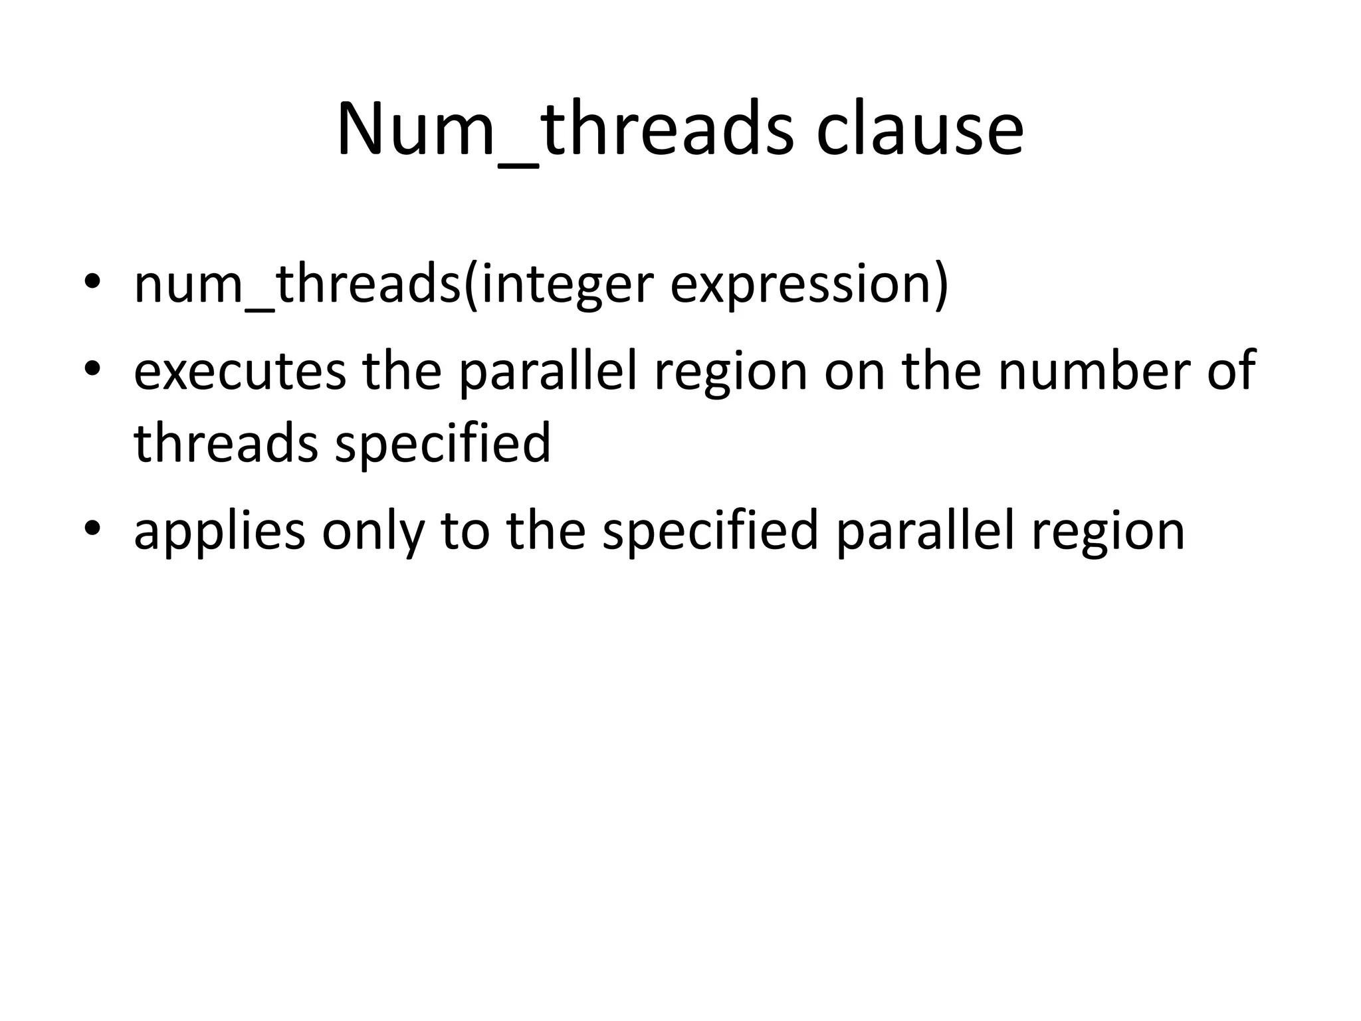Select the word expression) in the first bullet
click(x=809, y=284)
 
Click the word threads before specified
click(x=226, y=443)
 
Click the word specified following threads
click(x=443, y=443)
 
